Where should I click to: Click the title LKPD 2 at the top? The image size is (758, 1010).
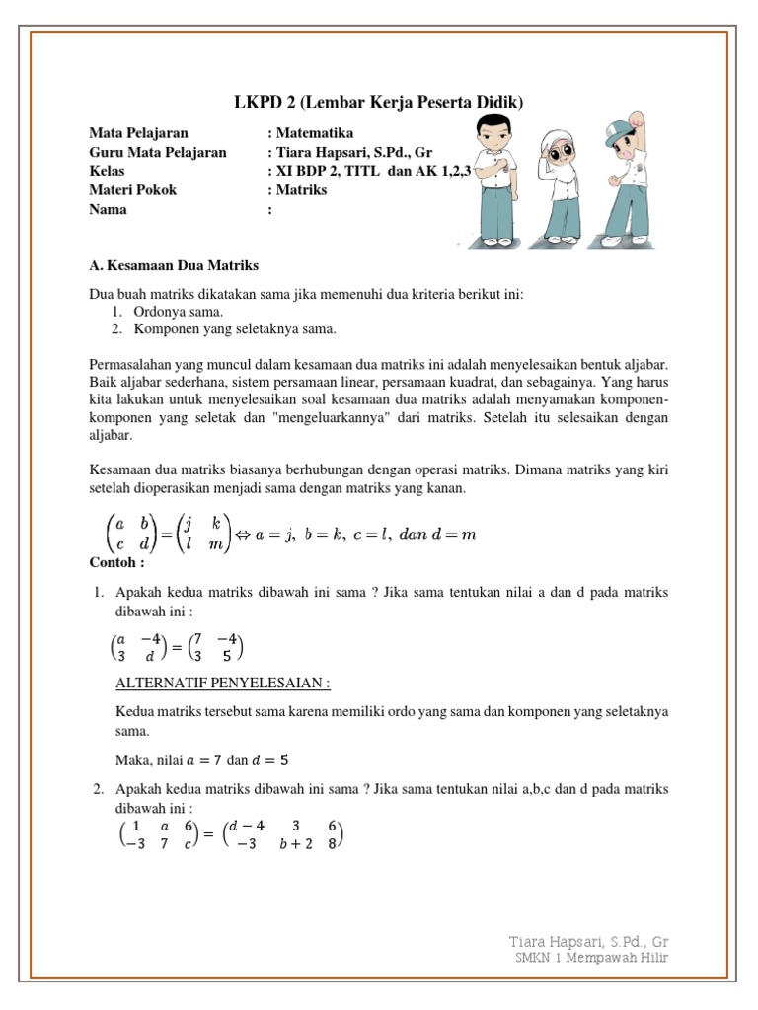coord(379,103)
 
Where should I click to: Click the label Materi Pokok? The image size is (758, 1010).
coord(133,190)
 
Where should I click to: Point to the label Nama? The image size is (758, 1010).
coord(108,209)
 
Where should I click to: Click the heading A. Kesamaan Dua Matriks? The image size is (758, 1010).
coord(174,265)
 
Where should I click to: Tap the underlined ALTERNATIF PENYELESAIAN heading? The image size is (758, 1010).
coord(222,685)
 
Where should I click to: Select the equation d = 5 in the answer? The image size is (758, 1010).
coord(271,759)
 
